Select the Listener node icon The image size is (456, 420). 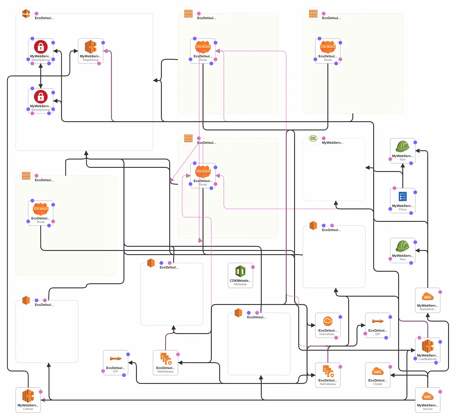(x=28, y=396)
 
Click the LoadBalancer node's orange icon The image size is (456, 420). (x=427, y=346)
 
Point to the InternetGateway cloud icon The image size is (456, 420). (x=328, y=321)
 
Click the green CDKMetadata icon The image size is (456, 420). (x=240, y=271)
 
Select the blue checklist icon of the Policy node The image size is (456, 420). (x=402, y=196)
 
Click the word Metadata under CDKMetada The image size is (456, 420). (x=240, y=284)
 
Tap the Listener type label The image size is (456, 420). (x=28, y=409)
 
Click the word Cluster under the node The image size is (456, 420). (x=378, y=384)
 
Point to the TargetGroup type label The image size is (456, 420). (x=91, y=60)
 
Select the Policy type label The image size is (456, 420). (x=402, y=209)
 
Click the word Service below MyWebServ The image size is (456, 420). (x=427, y=409)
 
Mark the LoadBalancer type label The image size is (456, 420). (x=427, y=359)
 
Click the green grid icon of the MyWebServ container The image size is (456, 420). (x=313, y=138)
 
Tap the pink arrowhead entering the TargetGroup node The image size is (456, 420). (x=105, y=51)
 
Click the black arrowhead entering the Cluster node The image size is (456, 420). (x=392, y=375)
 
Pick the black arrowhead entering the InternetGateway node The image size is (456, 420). (x=313, y=325)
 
